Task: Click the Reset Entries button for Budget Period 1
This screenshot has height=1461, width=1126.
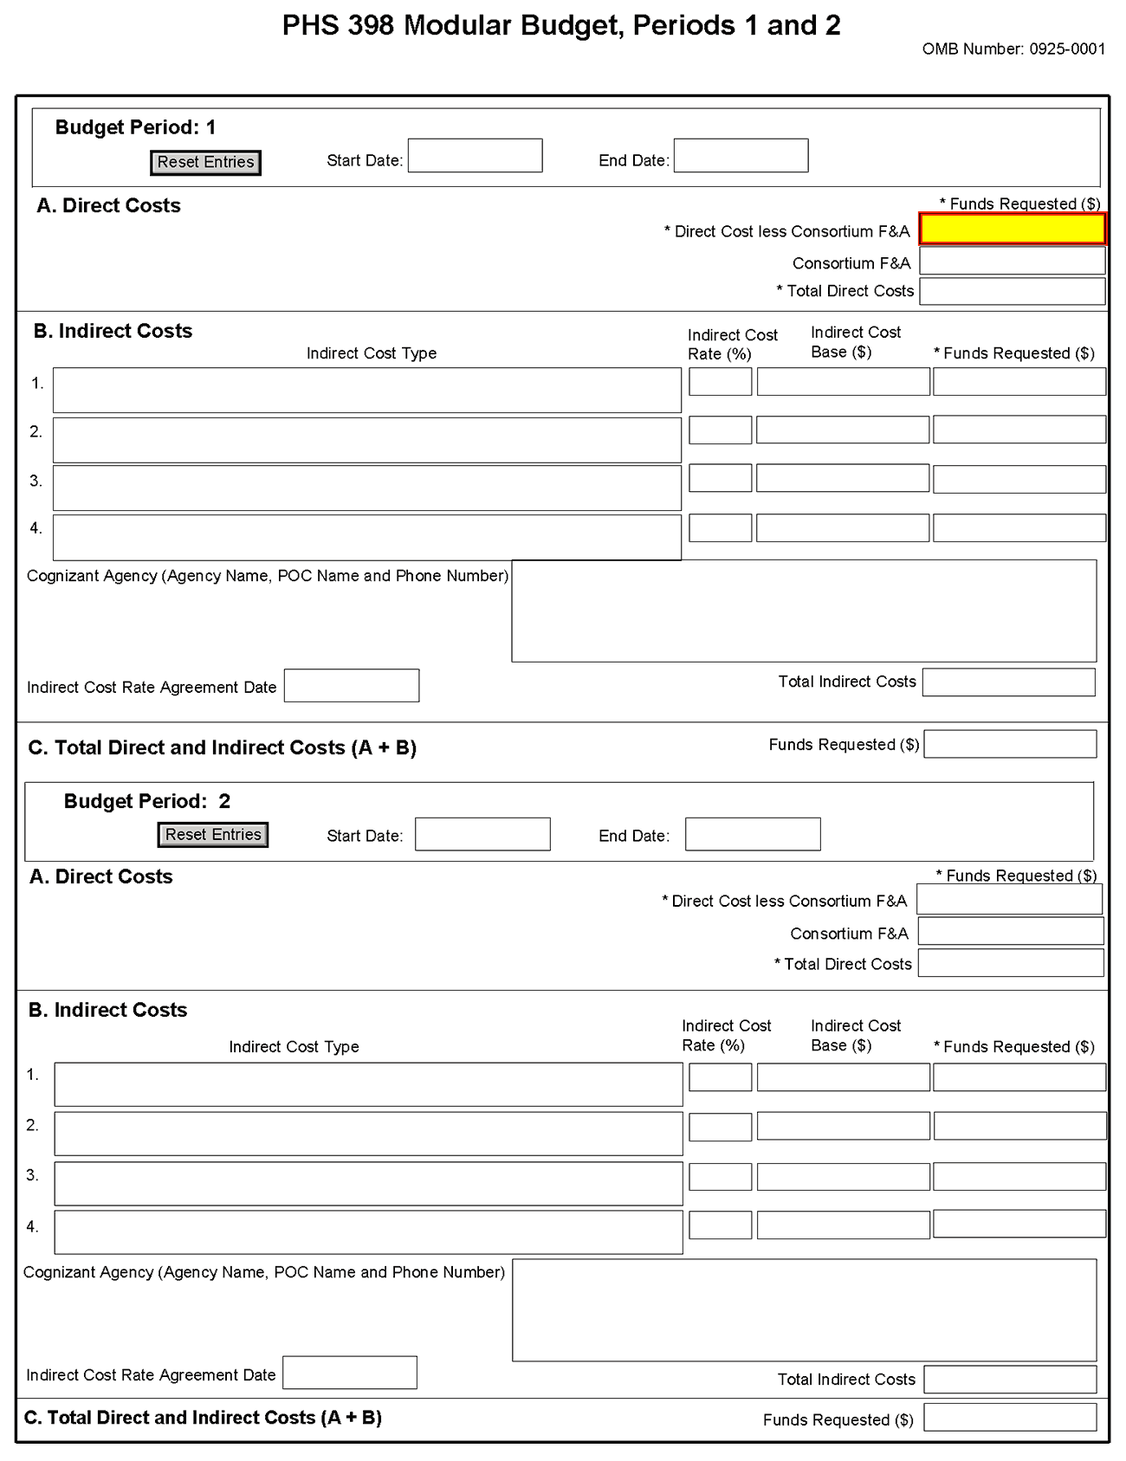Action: pos(205,162)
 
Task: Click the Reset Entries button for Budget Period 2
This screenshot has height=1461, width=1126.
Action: pos(213,835)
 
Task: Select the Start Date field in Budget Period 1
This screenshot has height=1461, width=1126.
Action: pos(475,156)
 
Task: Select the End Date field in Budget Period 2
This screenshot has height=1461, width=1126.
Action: pos(752,834)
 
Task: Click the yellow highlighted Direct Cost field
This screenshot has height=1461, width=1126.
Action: pos(1012,229)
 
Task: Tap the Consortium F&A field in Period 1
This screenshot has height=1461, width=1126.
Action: pos(1012,261)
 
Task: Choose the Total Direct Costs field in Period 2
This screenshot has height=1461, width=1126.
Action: pos(1010,963)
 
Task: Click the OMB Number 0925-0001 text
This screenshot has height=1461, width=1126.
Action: pos(1013,49)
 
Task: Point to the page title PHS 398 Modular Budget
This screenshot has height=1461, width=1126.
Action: pos(561,26)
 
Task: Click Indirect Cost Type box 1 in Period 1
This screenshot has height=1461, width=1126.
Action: pos(366,390)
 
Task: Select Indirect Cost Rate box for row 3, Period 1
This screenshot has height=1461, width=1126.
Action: pos(720,478)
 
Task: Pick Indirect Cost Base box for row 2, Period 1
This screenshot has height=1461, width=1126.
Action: pos(842,430)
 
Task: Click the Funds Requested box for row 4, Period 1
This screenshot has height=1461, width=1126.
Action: pos(1019,527)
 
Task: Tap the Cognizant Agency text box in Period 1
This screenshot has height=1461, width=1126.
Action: pos(803,611)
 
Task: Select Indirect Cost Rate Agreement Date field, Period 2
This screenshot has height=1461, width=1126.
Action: pos(350,1373)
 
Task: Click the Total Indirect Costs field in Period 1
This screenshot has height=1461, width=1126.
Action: pos(1008,682)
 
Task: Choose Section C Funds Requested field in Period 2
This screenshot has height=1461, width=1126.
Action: pos(1009,1418)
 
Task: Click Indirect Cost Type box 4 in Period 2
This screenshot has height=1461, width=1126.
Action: pos(368,1232)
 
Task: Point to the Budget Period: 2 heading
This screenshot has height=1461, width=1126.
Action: pos(147,801)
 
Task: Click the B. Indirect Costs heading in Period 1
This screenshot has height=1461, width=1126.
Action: pos(113,331)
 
